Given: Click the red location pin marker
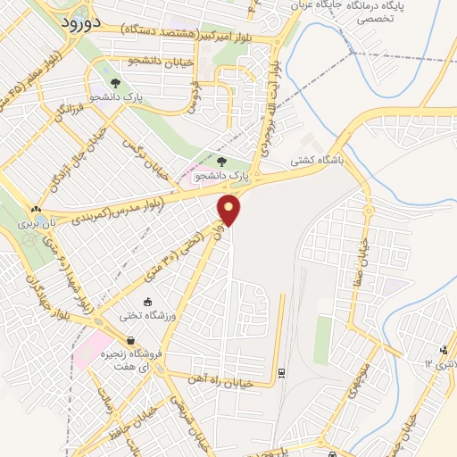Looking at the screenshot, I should coord(229,210).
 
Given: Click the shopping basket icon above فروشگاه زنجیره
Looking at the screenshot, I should coord(131,340).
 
